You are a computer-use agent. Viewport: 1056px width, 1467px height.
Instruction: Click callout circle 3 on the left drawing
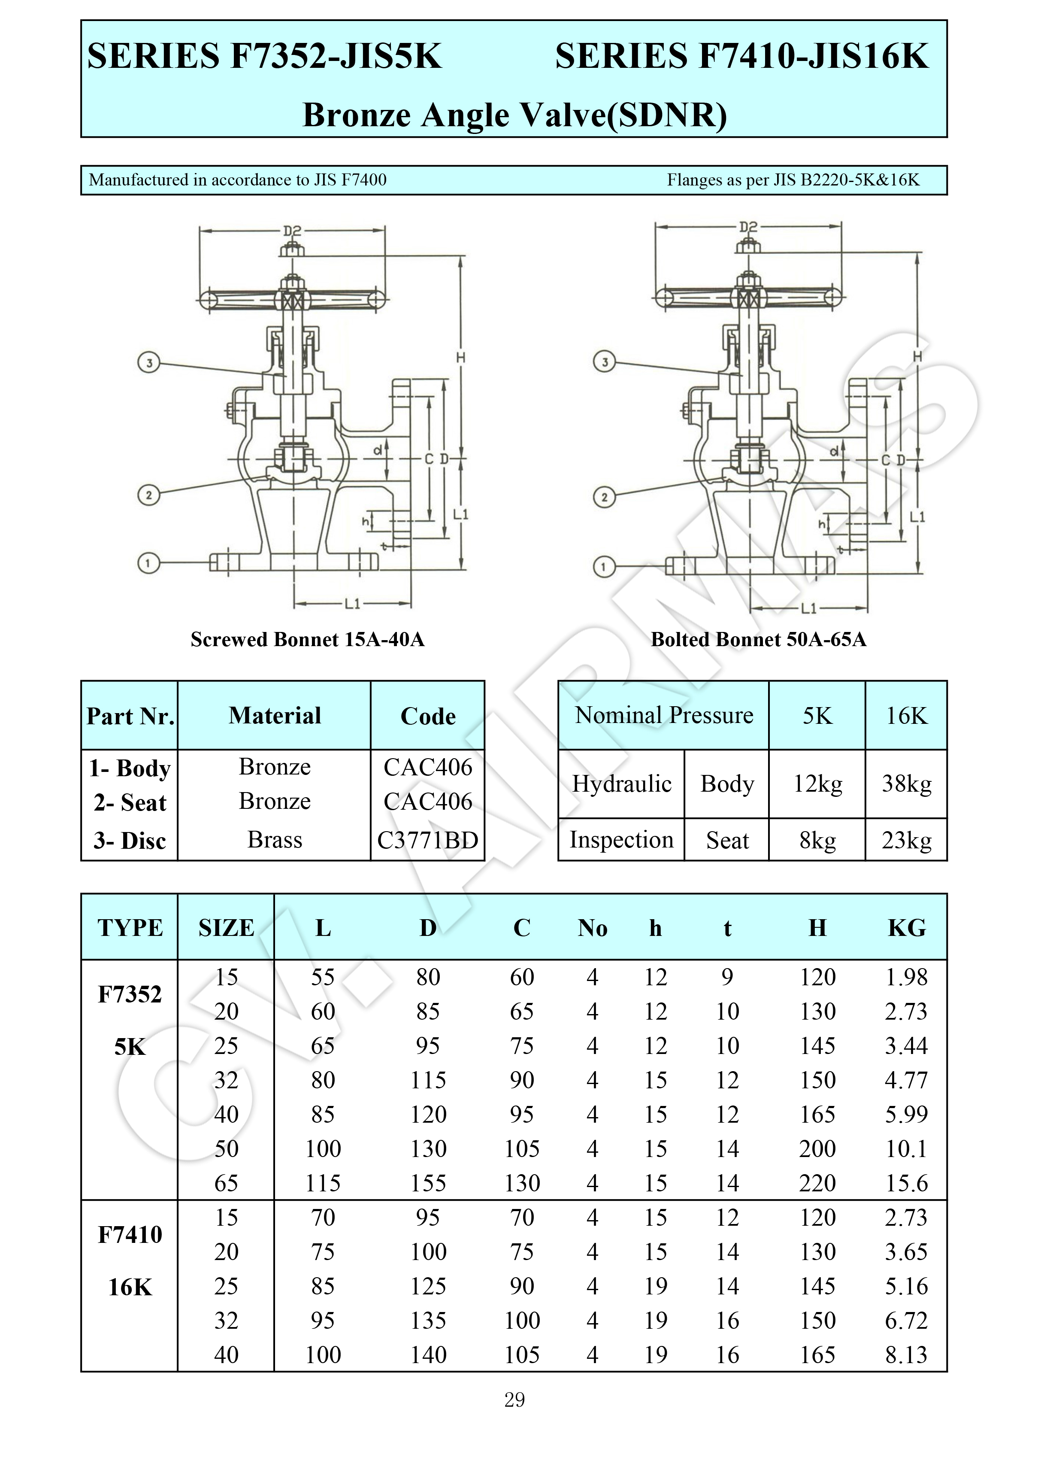point(149,362)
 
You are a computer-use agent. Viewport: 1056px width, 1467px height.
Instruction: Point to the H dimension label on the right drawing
point(917,356)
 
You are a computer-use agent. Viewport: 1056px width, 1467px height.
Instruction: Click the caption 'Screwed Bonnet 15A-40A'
point(307,639)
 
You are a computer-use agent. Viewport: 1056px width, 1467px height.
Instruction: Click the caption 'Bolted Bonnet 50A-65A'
point(758,639)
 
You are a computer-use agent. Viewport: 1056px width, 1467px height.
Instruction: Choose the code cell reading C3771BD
point(427,840)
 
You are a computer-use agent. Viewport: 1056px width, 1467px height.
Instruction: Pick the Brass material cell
point(275,840)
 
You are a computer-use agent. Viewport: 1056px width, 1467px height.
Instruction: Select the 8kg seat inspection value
point(817,840)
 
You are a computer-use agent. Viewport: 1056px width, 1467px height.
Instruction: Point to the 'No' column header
point(592,927)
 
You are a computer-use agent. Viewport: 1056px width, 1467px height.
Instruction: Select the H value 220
point(817,1183)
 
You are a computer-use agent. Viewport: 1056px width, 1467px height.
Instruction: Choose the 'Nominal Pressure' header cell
point(664,715)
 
